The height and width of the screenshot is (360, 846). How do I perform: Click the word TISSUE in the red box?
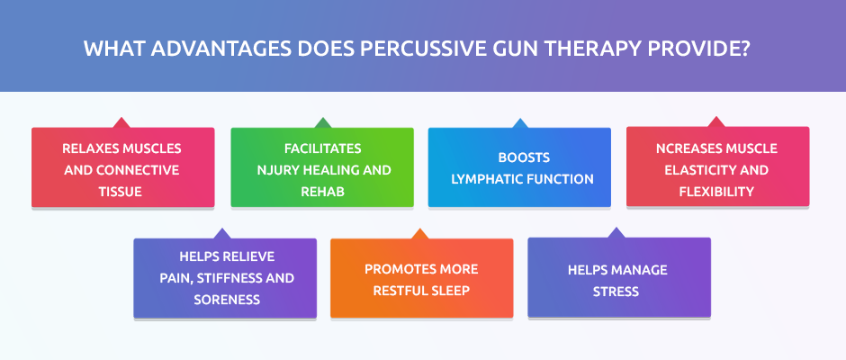tap(121, 192)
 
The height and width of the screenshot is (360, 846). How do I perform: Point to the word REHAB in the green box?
tap(322, 192)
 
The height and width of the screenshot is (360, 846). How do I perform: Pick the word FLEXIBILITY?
tap(716, 192)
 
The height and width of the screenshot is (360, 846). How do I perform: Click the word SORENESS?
tap(227, 300)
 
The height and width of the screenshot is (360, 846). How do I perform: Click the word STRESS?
tap(616, 292)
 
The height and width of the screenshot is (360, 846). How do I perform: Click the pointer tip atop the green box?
tap(322, 118)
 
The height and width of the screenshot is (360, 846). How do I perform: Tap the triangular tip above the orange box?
tap(419, 229)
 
